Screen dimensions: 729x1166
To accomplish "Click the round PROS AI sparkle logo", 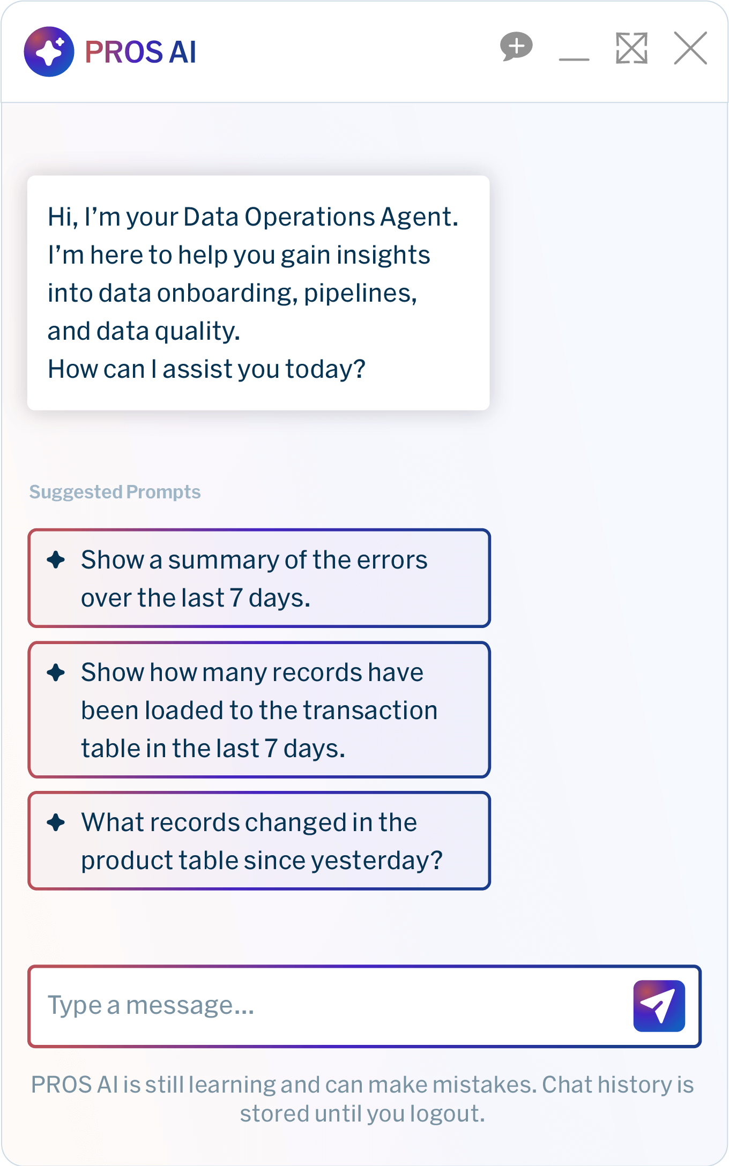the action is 49,51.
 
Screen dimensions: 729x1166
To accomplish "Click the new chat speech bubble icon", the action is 516,47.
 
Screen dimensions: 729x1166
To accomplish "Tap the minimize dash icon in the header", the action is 574,59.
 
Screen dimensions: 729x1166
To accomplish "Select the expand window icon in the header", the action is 632,48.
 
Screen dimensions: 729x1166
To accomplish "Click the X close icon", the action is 690,48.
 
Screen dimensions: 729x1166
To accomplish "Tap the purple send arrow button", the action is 659,1006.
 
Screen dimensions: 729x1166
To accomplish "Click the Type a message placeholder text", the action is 151,1005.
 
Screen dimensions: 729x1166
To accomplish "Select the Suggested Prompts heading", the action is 115,492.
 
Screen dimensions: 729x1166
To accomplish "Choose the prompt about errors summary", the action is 259,578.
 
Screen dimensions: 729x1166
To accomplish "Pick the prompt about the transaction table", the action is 259,709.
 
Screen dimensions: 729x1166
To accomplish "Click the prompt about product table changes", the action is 259,841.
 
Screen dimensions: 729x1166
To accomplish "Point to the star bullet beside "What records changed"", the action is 56,823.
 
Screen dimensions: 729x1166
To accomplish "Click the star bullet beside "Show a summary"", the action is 56,560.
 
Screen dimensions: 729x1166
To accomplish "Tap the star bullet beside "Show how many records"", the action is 56,672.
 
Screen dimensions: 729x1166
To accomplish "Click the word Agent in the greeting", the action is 419,218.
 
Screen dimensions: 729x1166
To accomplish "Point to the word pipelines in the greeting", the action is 360,294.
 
